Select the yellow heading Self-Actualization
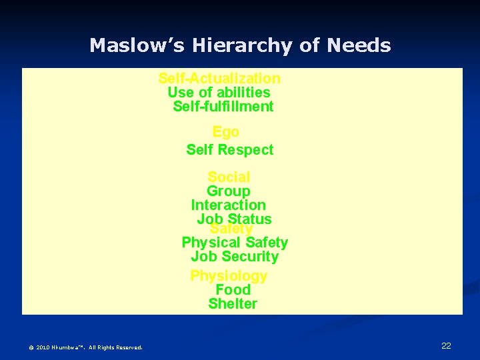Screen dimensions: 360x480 219,79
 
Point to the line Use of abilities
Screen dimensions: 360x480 219,93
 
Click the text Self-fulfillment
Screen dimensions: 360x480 223,107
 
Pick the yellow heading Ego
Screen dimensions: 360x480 225,132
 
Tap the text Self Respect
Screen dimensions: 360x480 229,150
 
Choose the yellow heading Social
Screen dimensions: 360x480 229,177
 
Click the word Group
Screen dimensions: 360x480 228,191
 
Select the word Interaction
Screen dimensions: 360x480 228,205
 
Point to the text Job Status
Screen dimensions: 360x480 234,219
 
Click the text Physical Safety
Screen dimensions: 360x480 235,243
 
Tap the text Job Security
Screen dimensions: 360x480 235,257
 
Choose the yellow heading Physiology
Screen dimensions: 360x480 229,276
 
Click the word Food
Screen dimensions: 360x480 233,290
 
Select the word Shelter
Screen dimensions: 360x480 232,304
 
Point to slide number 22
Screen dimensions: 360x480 446,345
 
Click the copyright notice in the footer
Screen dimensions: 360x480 85,347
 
